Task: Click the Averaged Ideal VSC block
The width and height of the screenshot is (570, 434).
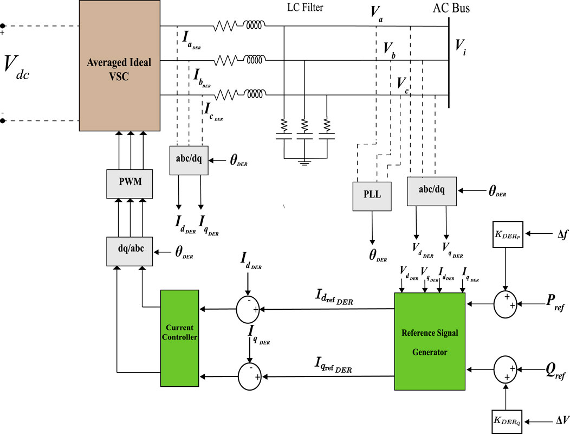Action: [120, 66]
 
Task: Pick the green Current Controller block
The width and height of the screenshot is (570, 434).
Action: [180, 337]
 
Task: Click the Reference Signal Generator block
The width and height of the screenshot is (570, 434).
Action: [430, 341]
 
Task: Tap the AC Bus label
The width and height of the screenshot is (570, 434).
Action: [452, 9]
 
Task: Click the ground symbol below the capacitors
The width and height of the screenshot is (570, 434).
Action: [304, 162]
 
